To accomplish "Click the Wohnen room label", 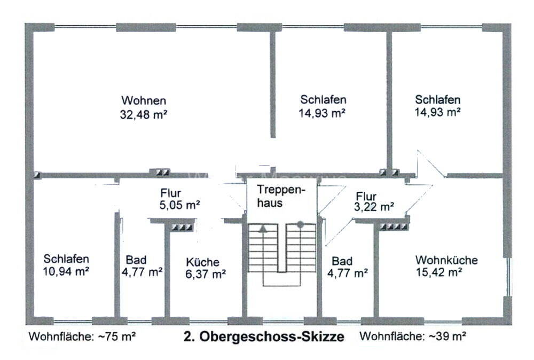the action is click(144, 100).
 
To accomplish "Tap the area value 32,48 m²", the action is click(143, 114).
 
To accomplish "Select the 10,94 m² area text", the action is click(66, 272).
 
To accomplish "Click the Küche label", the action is click(202, 262).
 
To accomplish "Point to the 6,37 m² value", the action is click(206, 274).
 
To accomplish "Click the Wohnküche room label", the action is click(446, 260).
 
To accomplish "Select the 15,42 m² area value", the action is click(438, 272).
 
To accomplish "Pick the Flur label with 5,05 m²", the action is click(171, 193).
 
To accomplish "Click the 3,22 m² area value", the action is click(374, 207).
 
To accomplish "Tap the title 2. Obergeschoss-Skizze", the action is click(264, 336).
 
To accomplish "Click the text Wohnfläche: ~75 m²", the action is click(82, 336).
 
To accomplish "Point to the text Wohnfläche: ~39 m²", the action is click(413, 336).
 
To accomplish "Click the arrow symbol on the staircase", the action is click(263, 229).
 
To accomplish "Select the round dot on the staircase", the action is click(300, 224).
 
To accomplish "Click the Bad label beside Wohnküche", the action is click(342, 261).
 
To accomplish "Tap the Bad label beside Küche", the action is click(136, 260).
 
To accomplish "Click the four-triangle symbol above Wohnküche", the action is click(394, 226).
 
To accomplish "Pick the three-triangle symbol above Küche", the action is click(182, 227).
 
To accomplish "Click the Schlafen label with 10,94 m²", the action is click(66, 259).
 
